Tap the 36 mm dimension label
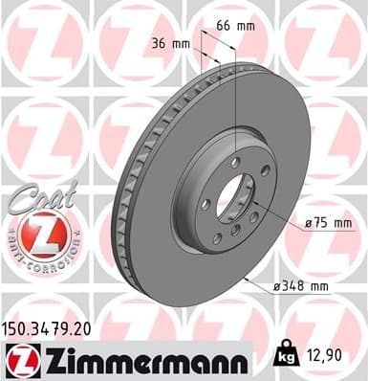click(x=173, y=43)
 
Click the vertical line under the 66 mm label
click(x=234, y=105)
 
